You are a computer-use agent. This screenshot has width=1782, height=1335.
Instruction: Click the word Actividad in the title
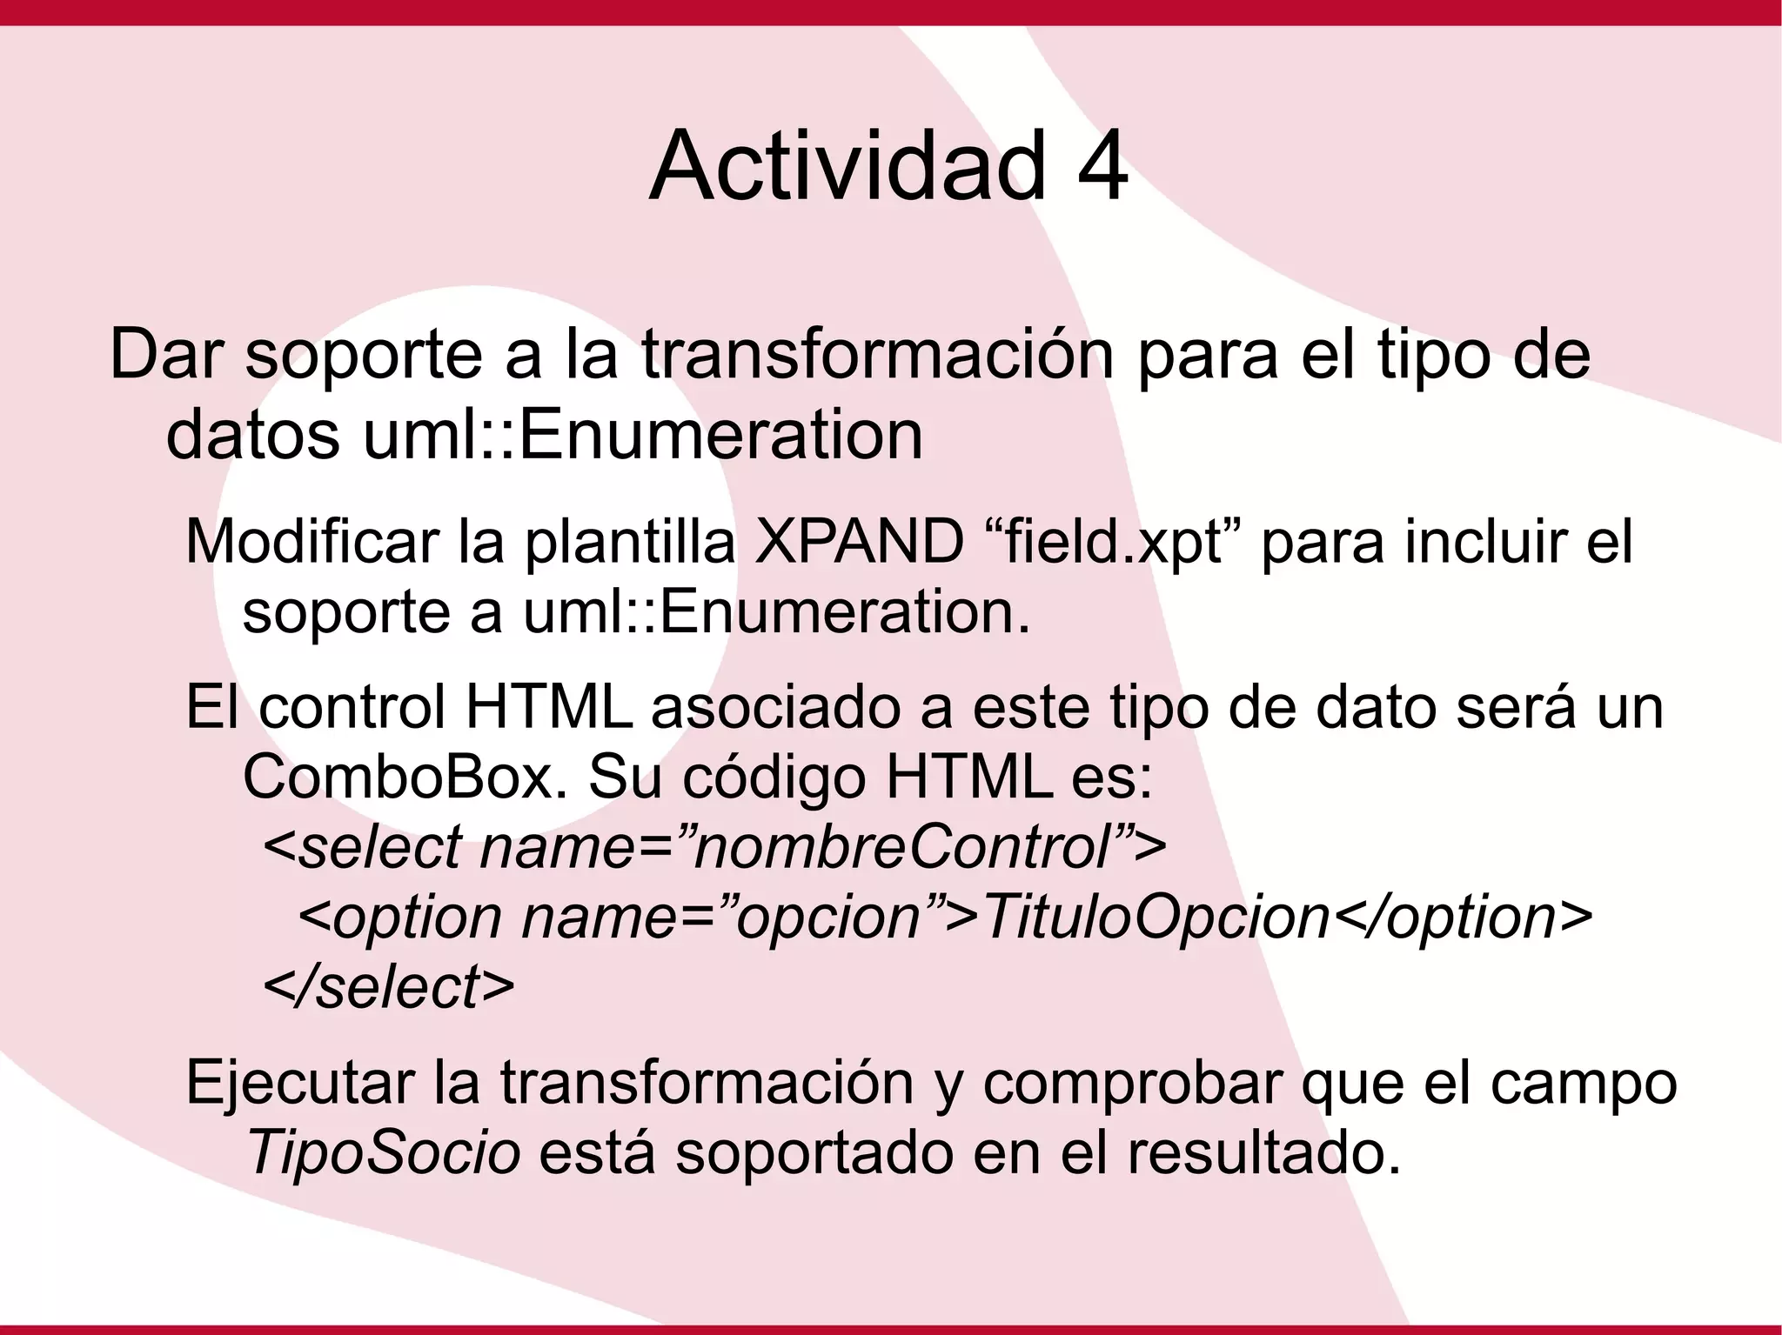tap(847, 165)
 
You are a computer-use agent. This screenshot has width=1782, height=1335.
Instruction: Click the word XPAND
tap(859, 541)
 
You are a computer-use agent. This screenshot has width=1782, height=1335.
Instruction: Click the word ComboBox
tap(399, 777)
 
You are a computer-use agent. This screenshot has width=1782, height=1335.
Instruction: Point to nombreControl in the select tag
tap(901, 847)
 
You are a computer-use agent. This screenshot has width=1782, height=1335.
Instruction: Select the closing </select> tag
tap(388, 987)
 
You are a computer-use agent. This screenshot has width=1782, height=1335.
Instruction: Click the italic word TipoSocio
tap(384, 1154)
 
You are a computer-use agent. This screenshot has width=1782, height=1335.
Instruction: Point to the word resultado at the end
tap(1263, 1154)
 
